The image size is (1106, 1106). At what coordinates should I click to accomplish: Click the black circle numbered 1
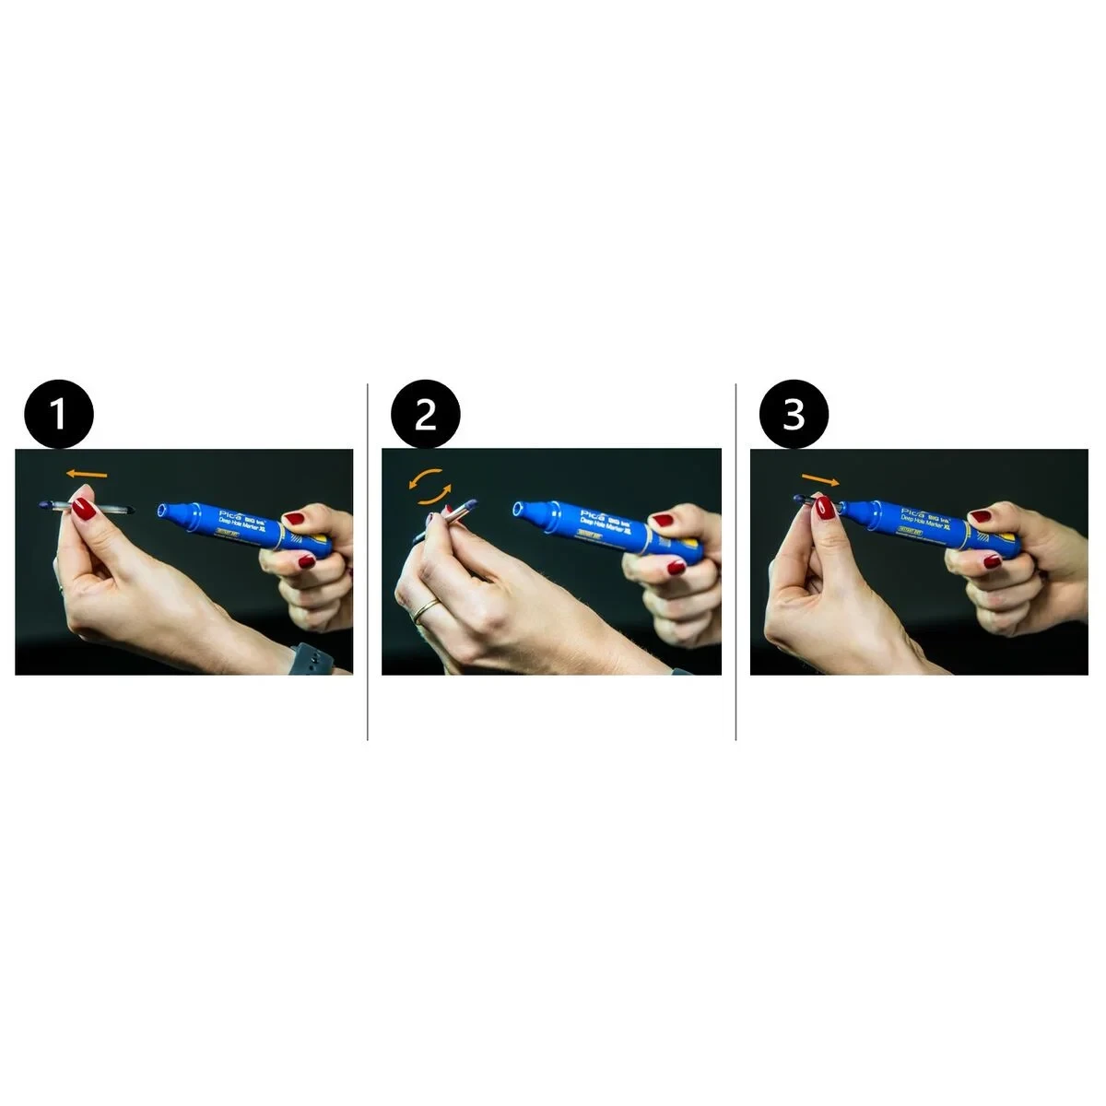coord(58,415)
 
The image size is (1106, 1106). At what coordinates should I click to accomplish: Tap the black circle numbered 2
coord(425,415)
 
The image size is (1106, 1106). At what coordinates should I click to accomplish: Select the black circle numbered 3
coord(794,415)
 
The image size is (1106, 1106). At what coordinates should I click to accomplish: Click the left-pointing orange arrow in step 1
coord(87,475)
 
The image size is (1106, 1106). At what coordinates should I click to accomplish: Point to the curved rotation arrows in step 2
coord(430,486)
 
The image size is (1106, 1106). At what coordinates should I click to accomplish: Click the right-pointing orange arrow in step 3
coord(820,479)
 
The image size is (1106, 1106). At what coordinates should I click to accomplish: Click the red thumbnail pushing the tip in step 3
coord(823,508)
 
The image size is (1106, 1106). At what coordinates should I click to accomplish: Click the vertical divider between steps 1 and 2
coord(368,562)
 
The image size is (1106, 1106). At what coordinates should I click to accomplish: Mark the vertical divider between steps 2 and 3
coord(735,562)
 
